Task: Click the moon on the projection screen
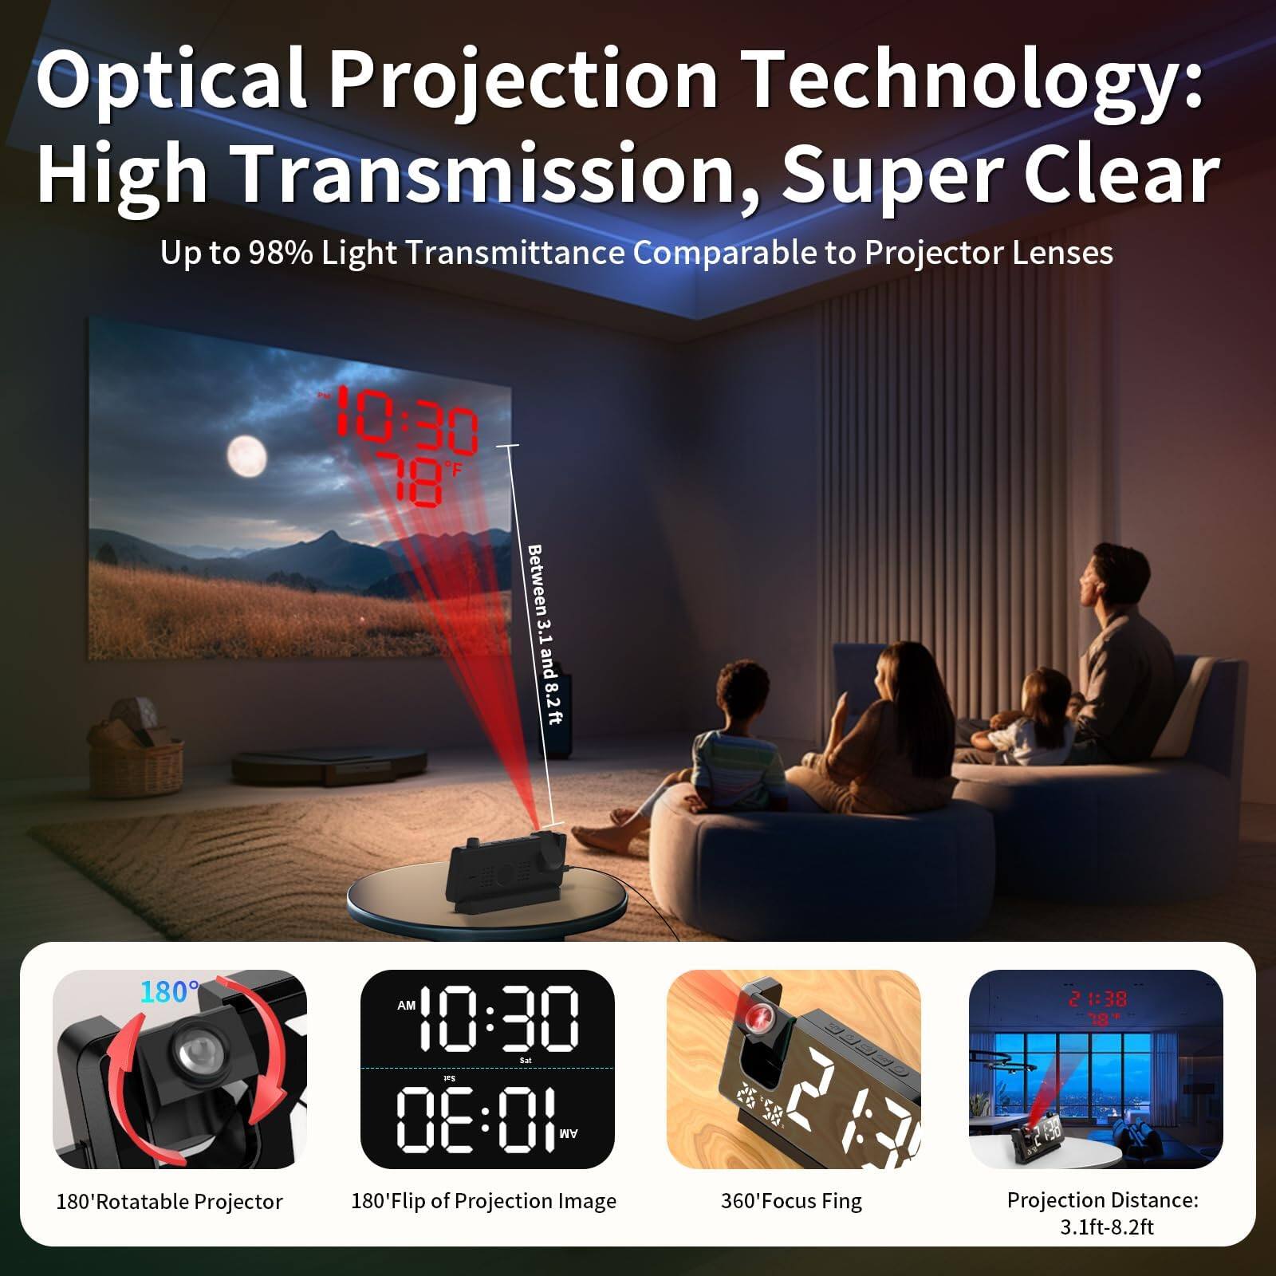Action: pos(246,456)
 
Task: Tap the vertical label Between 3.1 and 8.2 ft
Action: pos(545,634)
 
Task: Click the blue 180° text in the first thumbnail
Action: pos(169,991)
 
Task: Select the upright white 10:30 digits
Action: pos(499,1019)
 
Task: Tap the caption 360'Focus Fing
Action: pos(791,1201)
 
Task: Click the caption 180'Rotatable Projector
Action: pos(169,1202)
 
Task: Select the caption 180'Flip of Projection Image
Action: pos(483,1201)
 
